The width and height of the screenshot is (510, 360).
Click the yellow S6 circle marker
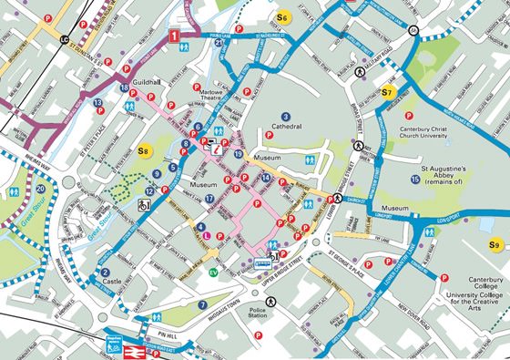[282, 18]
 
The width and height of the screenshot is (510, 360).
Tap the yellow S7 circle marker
[387, 92]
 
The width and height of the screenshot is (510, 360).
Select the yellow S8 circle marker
[143, 150]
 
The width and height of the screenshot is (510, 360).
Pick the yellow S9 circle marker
[495, 244]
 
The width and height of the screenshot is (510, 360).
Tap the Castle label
[112, 283]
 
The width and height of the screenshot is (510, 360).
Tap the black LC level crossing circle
[65, 41]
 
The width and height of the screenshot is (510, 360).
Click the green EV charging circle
[213, 273]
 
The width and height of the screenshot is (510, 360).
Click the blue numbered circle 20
[40, 189]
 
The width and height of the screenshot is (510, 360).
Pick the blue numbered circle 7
[202, 304]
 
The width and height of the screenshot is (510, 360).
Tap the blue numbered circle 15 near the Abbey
[415, 180]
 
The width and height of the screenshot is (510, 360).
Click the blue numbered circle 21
[219, 69]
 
